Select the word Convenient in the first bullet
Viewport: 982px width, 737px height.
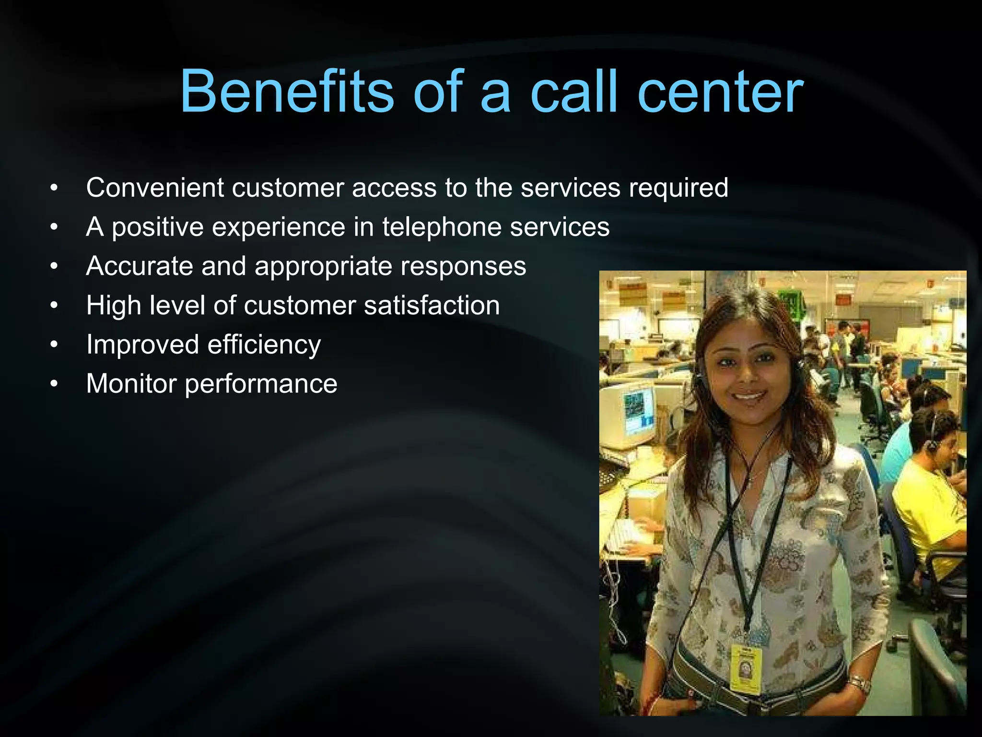(155, 187)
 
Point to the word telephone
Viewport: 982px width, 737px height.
(442, 227)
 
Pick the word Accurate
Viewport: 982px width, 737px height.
(140, 266)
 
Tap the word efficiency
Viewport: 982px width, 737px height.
(264, 345)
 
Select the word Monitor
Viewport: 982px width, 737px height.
(131, 384)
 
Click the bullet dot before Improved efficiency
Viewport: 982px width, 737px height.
(54, 345)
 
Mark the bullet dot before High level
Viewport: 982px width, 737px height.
(54, 305)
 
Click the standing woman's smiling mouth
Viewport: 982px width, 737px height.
(748, 396)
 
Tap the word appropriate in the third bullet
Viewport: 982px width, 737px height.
(323, 267)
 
